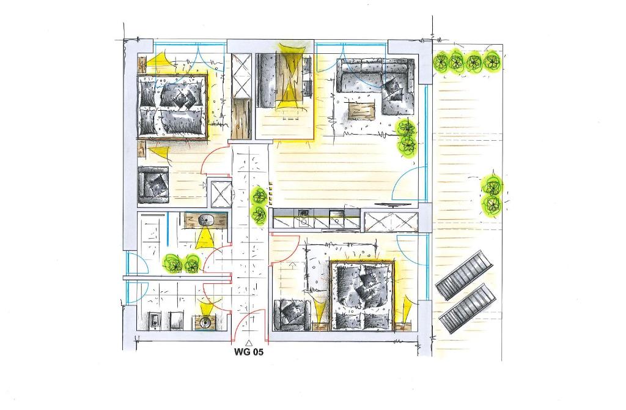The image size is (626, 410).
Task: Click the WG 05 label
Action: point(248,352)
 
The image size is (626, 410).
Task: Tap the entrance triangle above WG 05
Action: point(249,343)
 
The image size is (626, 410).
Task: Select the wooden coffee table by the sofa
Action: point(362,110)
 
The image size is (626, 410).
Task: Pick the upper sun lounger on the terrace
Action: point(463,275)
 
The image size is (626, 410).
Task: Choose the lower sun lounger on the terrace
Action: point(468,308)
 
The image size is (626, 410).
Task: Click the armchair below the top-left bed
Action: point(153,185)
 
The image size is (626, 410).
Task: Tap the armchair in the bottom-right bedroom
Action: point(292,315)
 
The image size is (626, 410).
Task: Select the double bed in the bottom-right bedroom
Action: point(363,296)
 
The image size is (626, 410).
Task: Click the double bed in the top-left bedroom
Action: point(172,106)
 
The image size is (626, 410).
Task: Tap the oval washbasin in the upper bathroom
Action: point(205,220)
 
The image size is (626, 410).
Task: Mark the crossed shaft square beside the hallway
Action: point(220,194)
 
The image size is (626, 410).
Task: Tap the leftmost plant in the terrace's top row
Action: point(441,62)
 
